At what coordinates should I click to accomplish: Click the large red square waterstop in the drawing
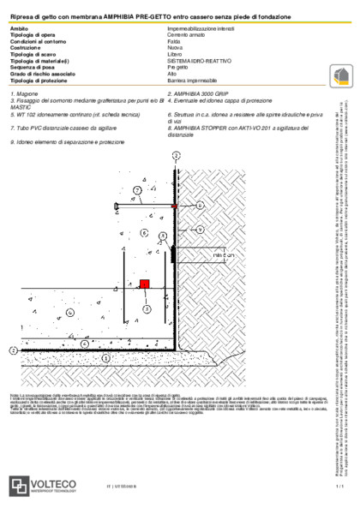(x=146, y=283)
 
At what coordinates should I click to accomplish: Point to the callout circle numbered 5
(x=146, y=309)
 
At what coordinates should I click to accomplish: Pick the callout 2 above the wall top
(x=176, y=154)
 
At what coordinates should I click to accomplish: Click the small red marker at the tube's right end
(x=172, y=206)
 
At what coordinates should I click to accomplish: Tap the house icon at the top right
(x=340, y=75)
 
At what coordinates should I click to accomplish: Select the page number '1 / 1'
(x=339, y=487)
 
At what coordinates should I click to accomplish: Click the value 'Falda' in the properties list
(x=174, y=41)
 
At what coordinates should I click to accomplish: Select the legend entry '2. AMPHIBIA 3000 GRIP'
(x=201, y=91)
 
